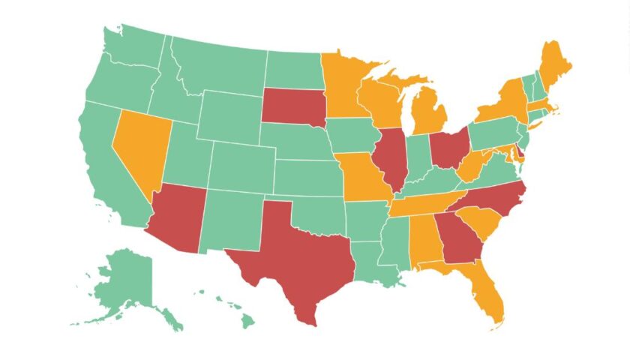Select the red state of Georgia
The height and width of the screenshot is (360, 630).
click(459, 236)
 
